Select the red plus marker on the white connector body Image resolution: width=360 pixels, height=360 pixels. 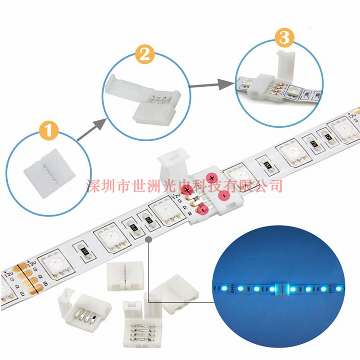tap(212, 179)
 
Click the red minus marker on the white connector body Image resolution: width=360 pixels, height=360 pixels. tap(223, 195)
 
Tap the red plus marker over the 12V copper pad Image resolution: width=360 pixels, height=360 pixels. tap(186, 191)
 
